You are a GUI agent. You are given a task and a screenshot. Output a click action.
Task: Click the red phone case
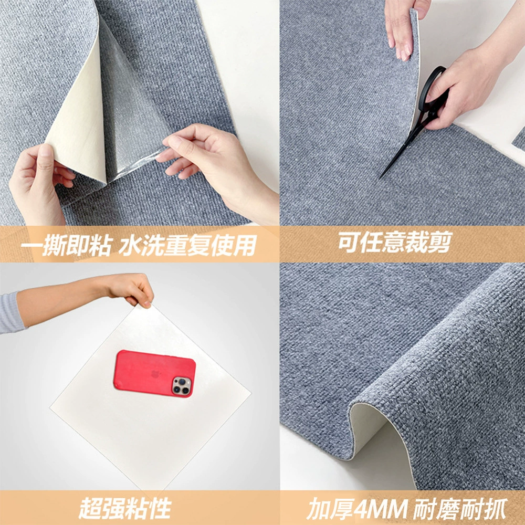[154, 373]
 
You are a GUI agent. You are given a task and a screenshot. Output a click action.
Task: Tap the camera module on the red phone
[182, 385]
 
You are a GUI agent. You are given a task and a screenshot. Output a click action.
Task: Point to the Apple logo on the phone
[155, 374]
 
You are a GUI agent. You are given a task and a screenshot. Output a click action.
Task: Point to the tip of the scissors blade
[380, 178]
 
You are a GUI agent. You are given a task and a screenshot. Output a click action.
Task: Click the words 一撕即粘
[66, 245]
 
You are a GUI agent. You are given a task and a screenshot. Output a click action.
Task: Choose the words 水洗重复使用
[188, 245]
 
